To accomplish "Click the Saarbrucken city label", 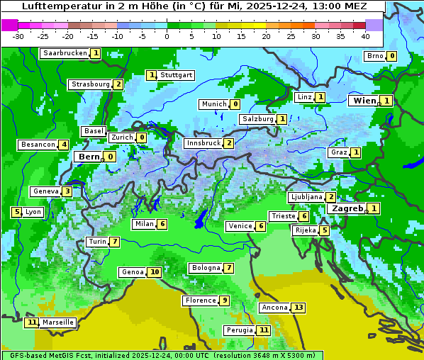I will [x=65, y=53].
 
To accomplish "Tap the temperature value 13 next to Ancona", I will [x=299, y=308].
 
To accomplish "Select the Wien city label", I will [x=364, y=101].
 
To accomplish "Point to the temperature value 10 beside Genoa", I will [x=154, y=272].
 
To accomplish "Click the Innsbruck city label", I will [x=203, y=143].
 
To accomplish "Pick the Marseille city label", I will [x=58, y=322].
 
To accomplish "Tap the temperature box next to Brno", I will [x=391, y=56].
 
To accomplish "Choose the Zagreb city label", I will [x=347, y=208].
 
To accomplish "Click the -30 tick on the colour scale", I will [x=18, y=36].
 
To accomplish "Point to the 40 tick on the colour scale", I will [x=365, y=36].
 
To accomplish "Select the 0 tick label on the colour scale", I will [x=167, y=36].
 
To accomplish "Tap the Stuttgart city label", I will [x=177, y=75].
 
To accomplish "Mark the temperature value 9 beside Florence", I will [x=224, y=300].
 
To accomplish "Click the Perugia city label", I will [x=239, y=330].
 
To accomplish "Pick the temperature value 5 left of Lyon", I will [x=16, y=212].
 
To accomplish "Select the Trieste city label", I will [x=283, y=216].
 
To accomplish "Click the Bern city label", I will [x=89, y=157].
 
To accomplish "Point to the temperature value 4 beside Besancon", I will [x=64, y=145].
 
